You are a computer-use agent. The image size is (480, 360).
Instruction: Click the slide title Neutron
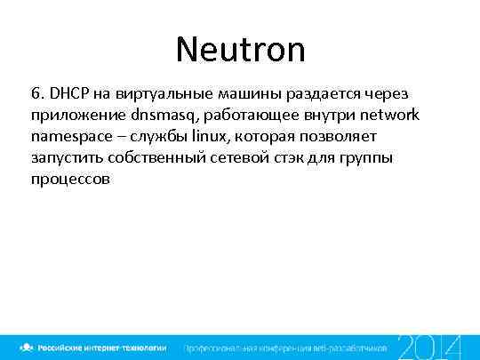tap(240, 49)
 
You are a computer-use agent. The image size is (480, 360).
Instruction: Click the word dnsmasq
tap(164, 116)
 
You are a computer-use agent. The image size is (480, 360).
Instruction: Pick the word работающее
tap(250, 116)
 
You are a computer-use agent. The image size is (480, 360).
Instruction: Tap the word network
tap(387, 115)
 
